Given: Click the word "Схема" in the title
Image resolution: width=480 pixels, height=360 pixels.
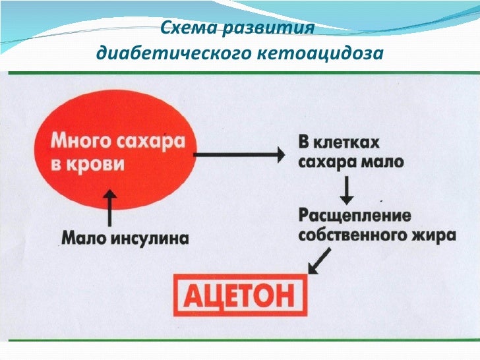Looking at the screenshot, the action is coord(186,29).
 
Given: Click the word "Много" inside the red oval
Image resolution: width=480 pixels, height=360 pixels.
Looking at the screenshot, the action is coord(75,141).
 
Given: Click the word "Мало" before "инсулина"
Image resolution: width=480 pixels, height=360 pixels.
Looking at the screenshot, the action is coord(84,237).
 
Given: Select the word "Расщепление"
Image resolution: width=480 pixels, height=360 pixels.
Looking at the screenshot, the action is coord(355,216).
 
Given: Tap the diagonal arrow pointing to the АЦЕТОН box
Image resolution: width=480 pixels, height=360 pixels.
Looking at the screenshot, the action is coord(318,262).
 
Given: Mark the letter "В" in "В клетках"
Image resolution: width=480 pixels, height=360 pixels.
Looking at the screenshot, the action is coord(305,144).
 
